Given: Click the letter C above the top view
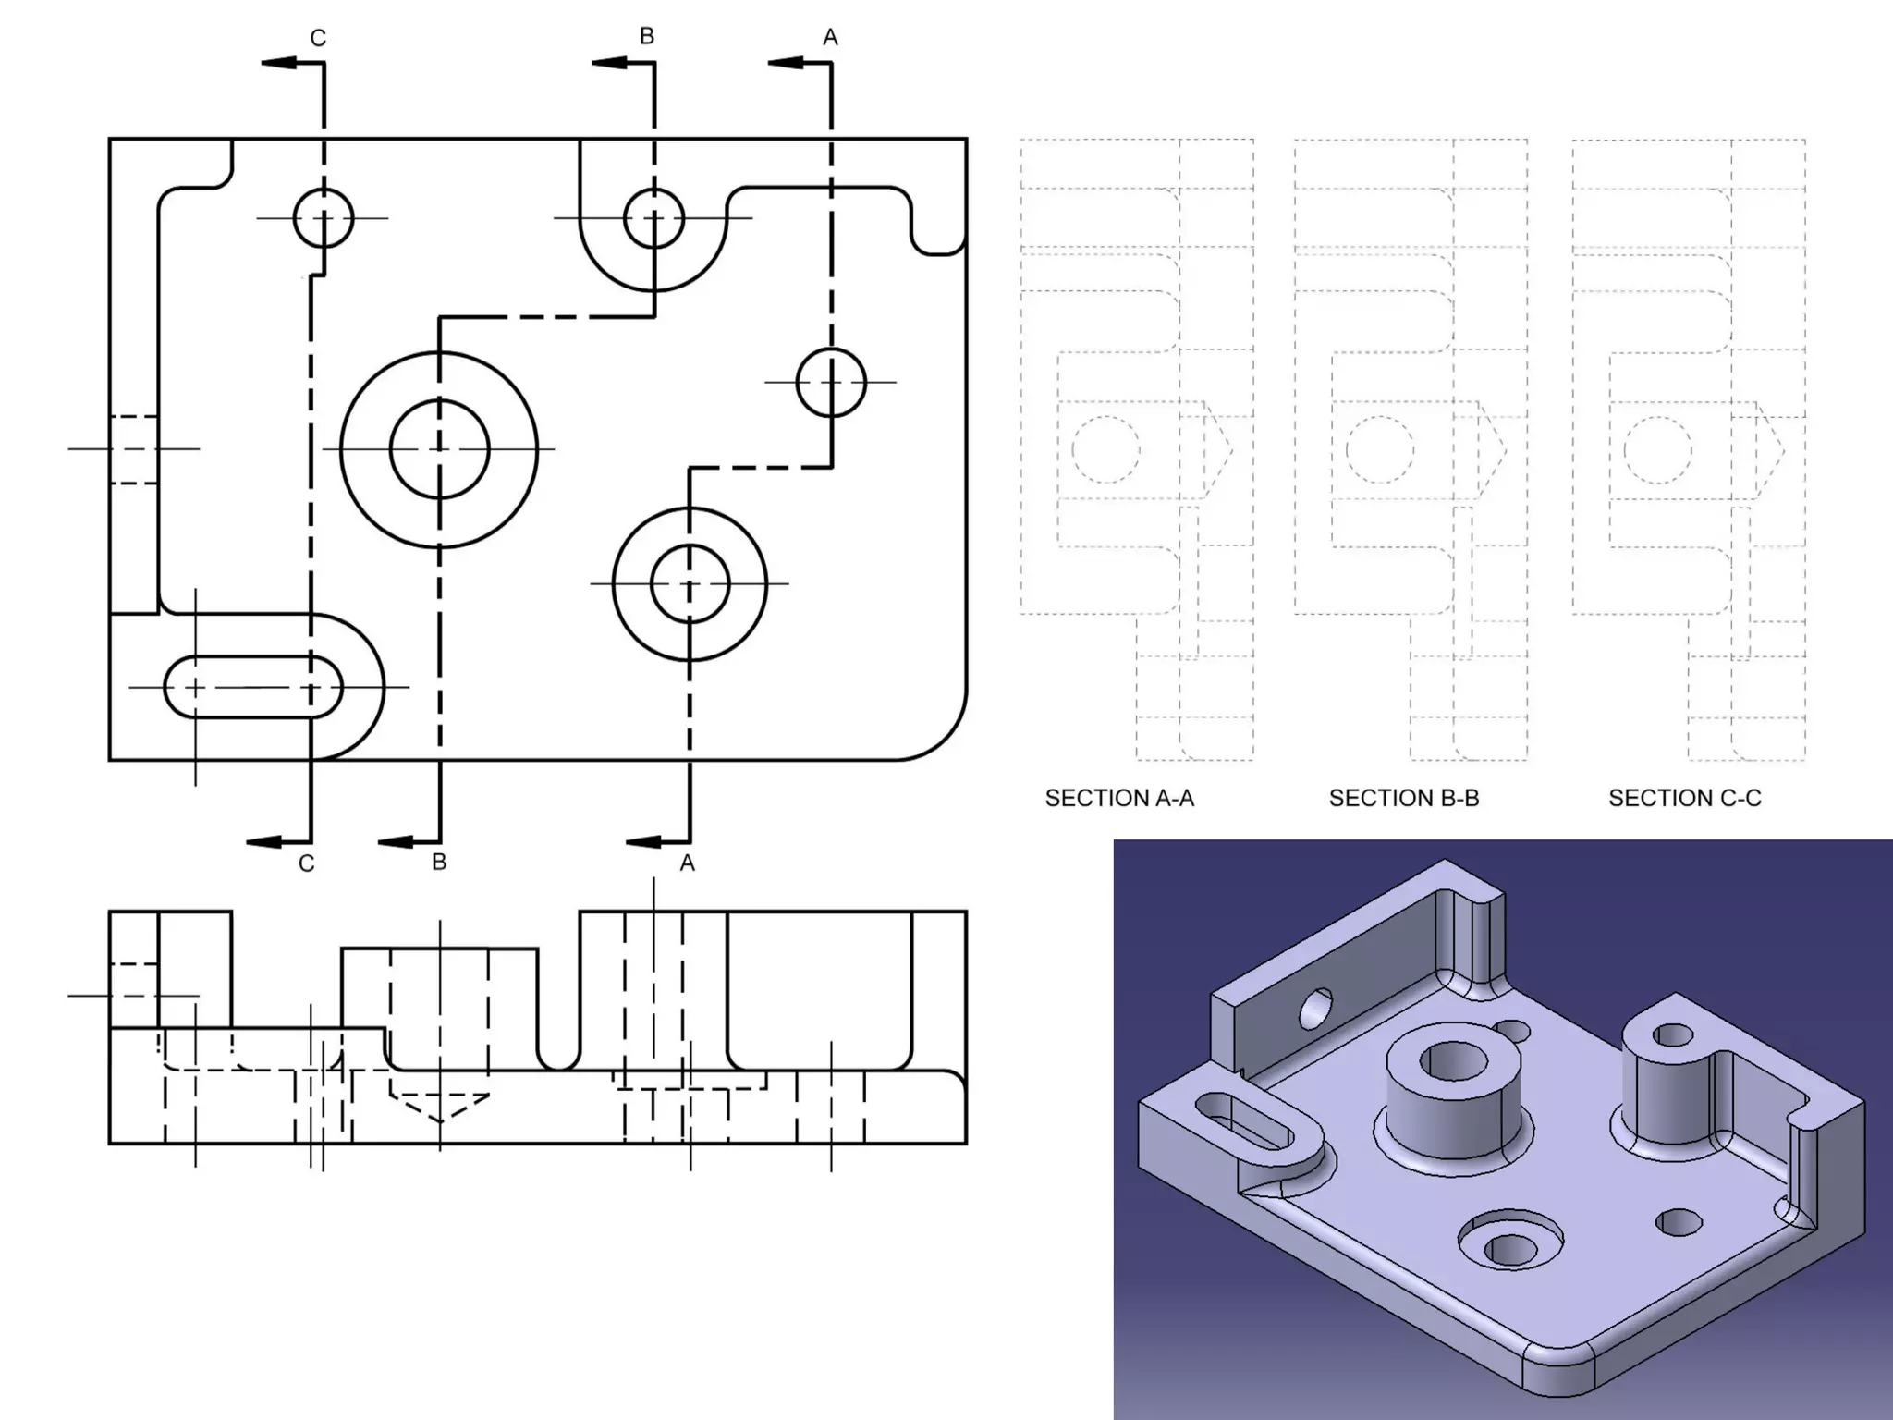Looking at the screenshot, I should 318,38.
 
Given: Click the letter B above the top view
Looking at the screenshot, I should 647,36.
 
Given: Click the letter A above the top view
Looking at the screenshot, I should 830,38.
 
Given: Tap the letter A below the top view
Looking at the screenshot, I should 687,863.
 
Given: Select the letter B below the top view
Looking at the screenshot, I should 439,862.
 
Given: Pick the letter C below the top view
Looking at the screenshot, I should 307,863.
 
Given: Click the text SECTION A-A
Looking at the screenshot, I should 1119,798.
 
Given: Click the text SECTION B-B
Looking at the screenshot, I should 1403,798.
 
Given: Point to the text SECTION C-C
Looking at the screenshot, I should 1684,798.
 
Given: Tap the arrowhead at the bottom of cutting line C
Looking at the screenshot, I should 265,841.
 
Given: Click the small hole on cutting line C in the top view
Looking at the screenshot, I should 324,218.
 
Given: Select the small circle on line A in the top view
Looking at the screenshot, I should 831,382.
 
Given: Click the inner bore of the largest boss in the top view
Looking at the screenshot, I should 439,449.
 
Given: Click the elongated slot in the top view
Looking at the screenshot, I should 252,687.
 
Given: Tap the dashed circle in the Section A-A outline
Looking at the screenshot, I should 1105,450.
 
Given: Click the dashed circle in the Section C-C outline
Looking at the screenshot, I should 1657,450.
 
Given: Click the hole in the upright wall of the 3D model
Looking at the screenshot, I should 1316,1009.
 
